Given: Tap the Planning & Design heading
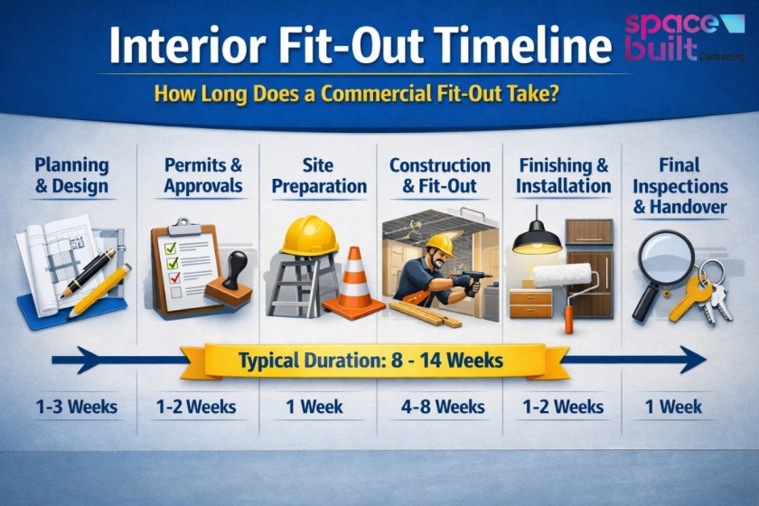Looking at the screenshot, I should (71, 176).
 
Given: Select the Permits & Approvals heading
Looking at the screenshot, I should (203, 175).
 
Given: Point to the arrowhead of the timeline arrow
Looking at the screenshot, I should (694, 360).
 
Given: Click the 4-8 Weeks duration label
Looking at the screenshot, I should (438, 407).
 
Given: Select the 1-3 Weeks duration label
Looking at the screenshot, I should (77, 407).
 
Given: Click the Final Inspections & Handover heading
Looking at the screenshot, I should (679, 186).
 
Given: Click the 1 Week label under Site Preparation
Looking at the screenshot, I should (314, 407).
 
